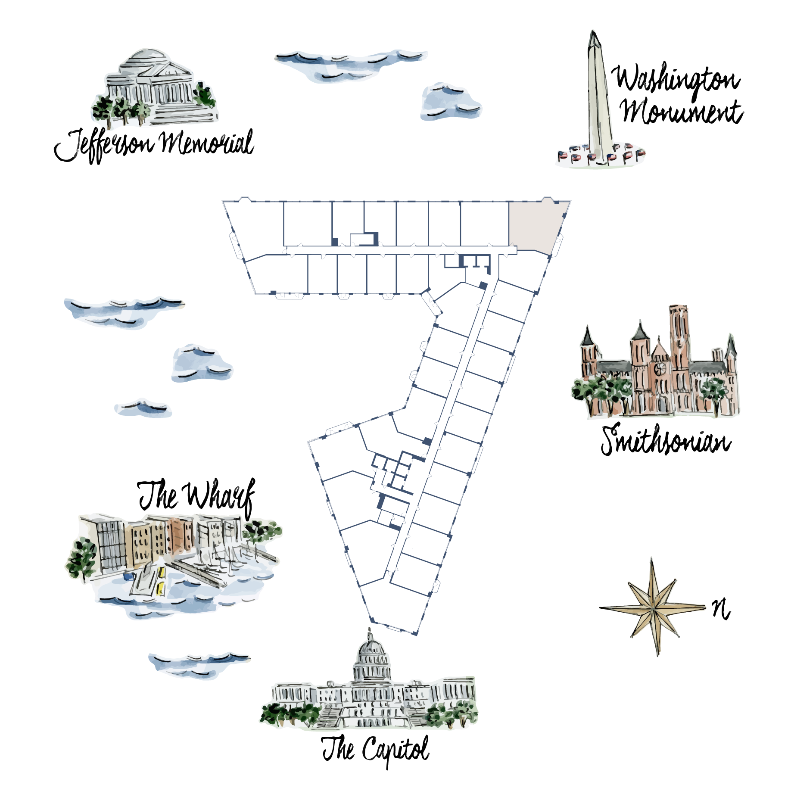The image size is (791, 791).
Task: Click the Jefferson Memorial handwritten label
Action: point(154,145)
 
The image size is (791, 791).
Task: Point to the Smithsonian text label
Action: point(666,440)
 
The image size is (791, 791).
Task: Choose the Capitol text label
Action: point(375,750)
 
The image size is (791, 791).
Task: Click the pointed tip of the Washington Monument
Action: point(593,31)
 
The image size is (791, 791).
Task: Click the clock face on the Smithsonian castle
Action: point(659,368)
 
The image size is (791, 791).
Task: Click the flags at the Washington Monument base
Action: point(601,155)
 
